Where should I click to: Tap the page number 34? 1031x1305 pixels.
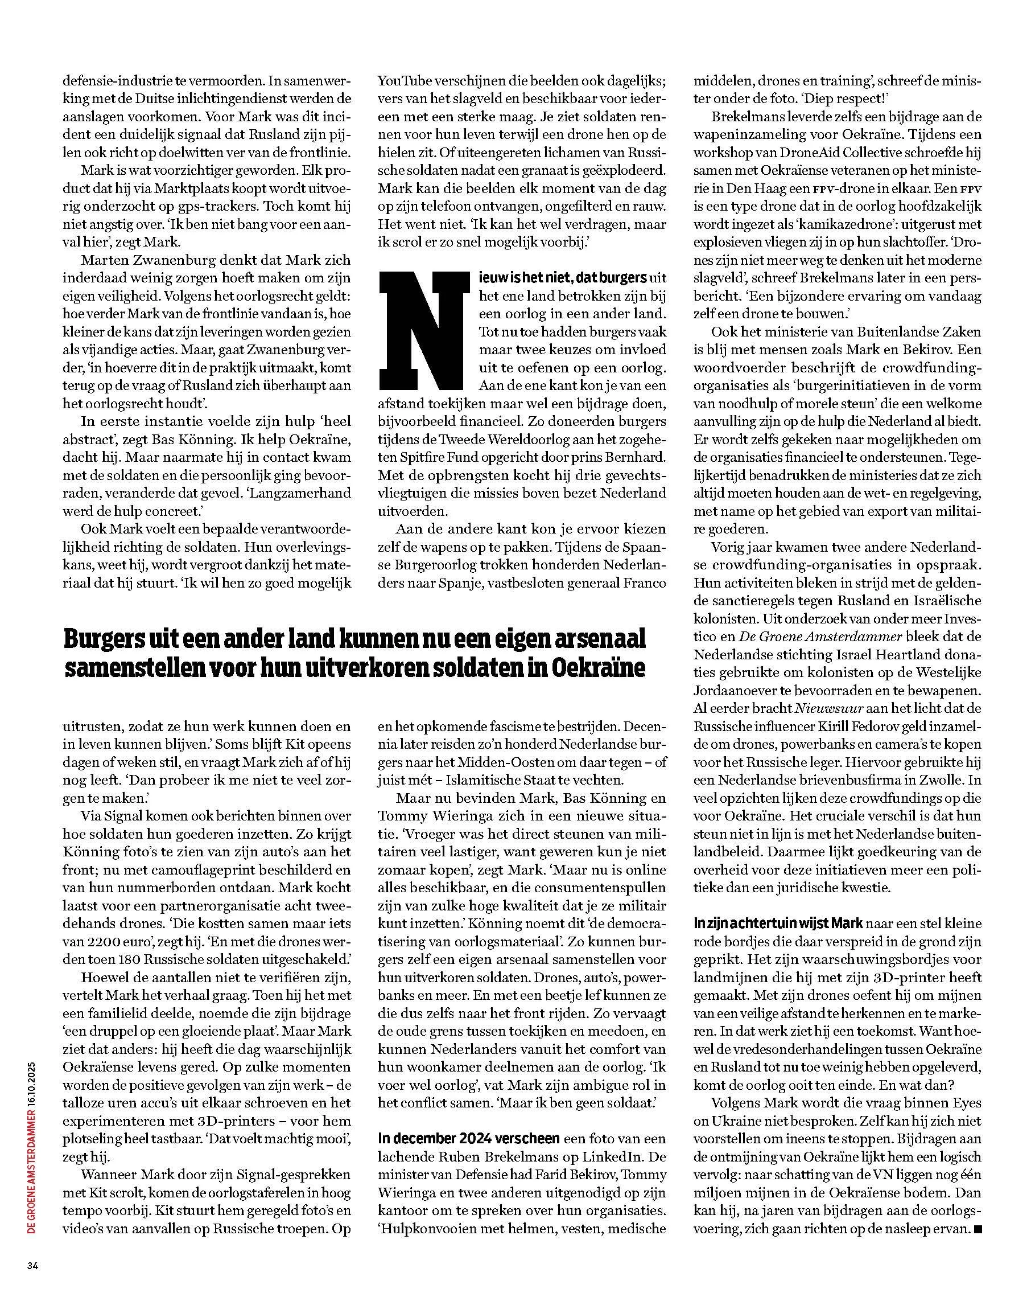32,1266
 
